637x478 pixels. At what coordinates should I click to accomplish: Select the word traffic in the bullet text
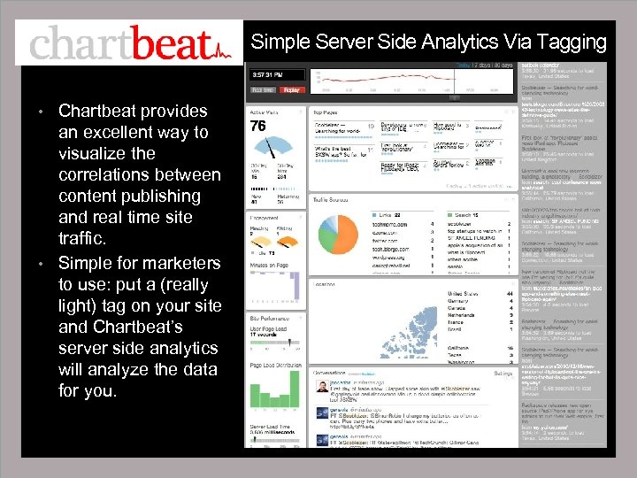click(x=82, y=238)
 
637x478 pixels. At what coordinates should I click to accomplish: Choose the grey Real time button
click(x=263, y=89)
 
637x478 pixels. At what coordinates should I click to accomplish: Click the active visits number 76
click(x=258, y=127)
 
